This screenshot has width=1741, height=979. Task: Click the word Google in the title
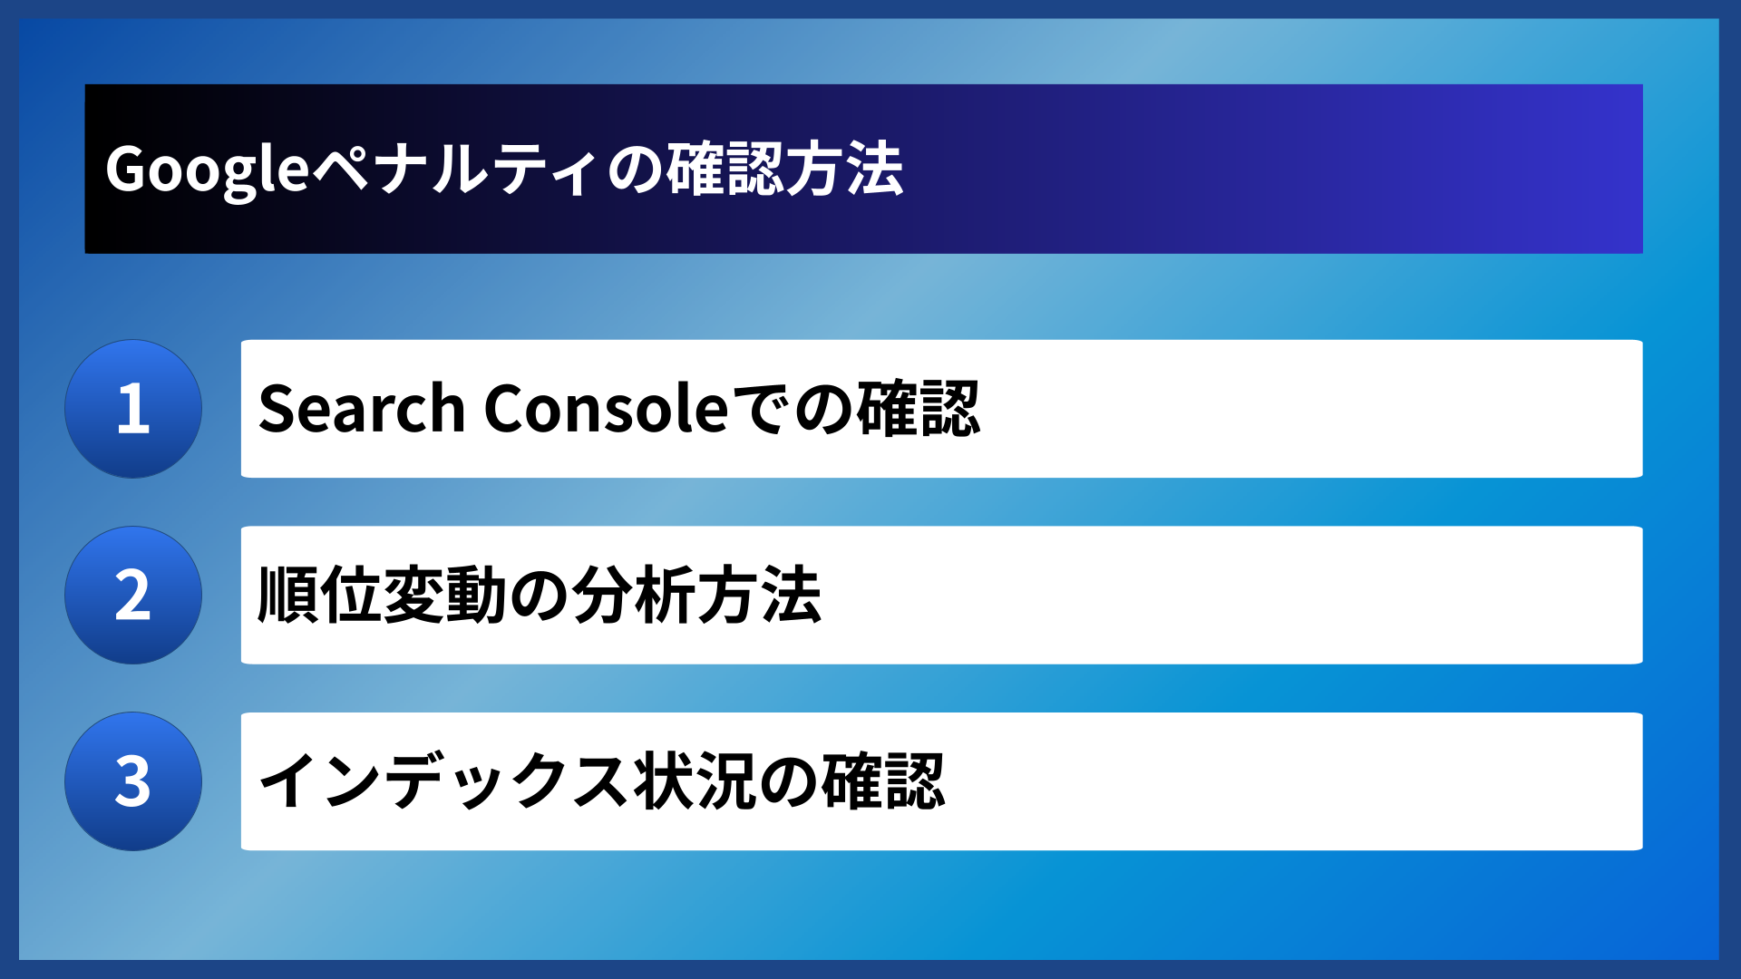coord(208,170)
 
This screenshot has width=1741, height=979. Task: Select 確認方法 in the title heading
coord(785,170)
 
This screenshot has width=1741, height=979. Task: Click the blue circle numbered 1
coord(133,409)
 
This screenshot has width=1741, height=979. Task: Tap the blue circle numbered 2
coord(133,596)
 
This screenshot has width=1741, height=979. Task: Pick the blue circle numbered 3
coord(133,781)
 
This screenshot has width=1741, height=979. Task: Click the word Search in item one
coord(362,409)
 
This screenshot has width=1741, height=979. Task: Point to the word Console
coord(606,409)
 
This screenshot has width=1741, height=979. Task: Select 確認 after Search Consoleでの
coord(919,409)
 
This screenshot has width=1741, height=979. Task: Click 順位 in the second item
coord(319,596)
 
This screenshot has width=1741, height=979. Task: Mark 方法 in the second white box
coord(760,596)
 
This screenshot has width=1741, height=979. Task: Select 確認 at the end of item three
coord(883,781)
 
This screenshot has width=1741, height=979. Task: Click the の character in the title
coord(635,170)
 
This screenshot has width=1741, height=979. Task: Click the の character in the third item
coord(788,781)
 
